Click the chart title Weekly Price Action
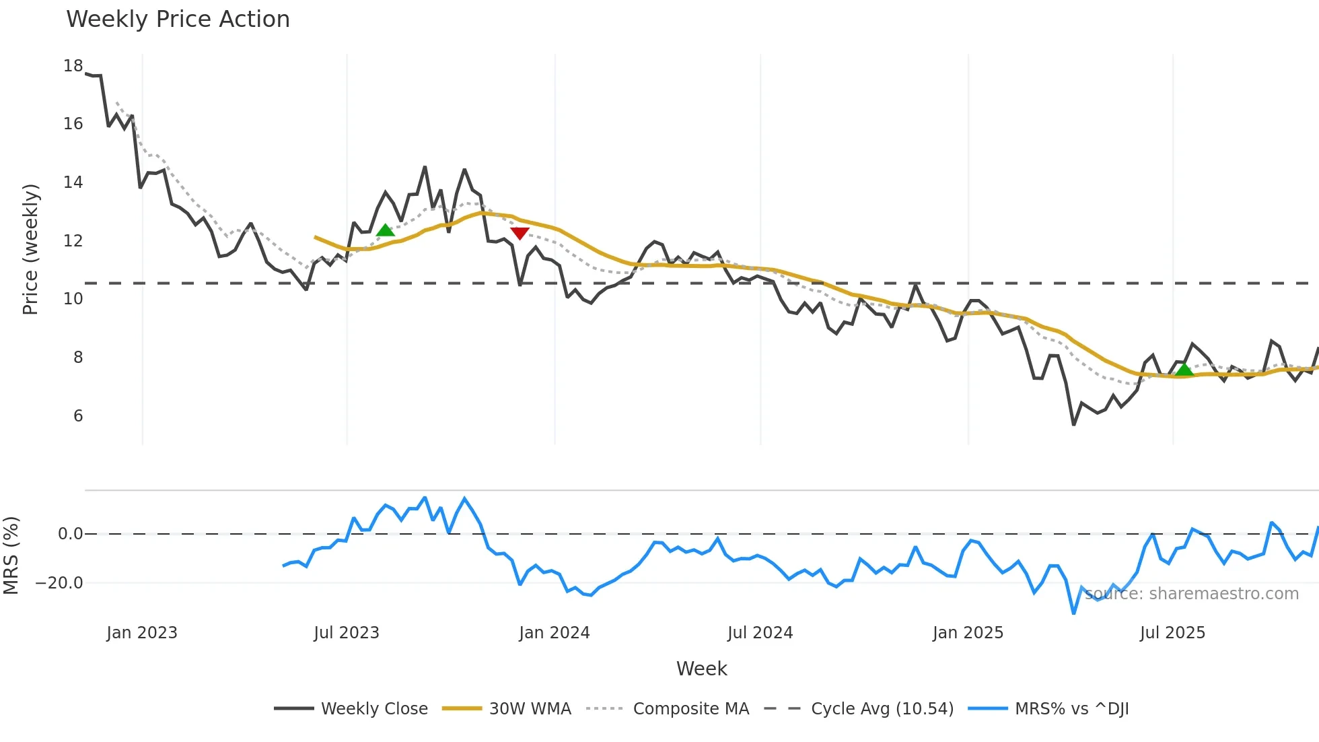[178, 20]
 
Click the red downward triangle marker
[520, 233]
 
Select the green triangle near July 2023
[385, 230]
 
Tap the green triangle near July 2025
[1184, 369]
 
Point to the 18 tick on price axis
[73, 66]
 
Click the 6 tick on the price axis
[78, 416]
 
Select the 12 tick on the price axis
[73, 241]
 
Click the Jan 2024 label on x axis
[554, 633]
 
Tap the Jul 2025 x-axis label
[1172, 633]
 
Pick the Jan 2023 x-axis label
[142, 633]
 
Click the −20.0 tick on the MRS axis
[59, 583]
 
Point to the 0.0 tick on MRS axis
[70, 534]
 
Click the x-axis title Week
[701, 669]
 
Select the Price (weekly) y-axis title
[30, 249]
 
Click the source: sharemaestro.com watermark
[1191, 594]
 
